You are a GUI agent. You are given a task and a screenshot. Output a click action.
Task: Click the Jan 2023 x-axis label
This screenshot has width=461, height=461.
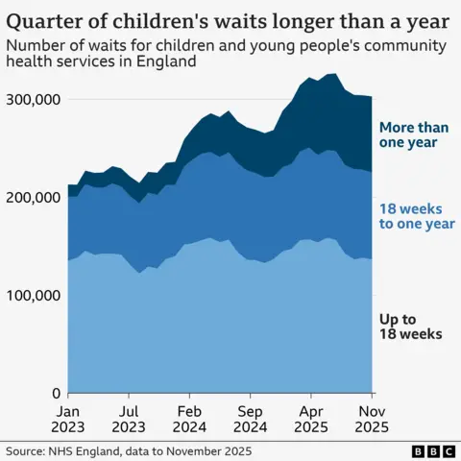pos(68,418)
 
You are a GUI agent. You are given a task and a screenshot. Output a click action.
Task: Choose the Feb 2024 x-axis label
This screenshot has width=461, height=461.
pos(190,418)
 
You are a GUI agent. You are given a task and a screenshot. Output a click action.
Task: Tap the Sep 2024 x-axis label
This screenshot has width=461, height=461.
pos(251,418)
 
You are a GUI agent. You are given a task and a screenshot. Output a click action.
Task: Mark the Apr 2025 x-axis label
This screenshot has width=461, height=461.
pos(311,418)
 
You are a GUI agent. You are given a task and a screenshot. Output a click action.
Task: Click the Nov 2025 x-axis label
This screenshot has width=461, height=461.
pos(373,418)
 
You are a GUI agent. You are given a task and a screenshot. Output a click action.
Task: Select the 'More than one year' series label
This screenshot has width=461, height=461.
pos(411,134)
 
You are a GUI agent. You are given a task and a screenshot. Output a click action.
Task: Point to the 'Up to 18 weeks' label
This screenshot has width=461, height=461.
pos(409,326)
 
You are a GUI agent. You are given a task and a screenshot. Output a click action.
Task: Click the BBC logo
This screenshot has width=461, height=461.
pos(432,449)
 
